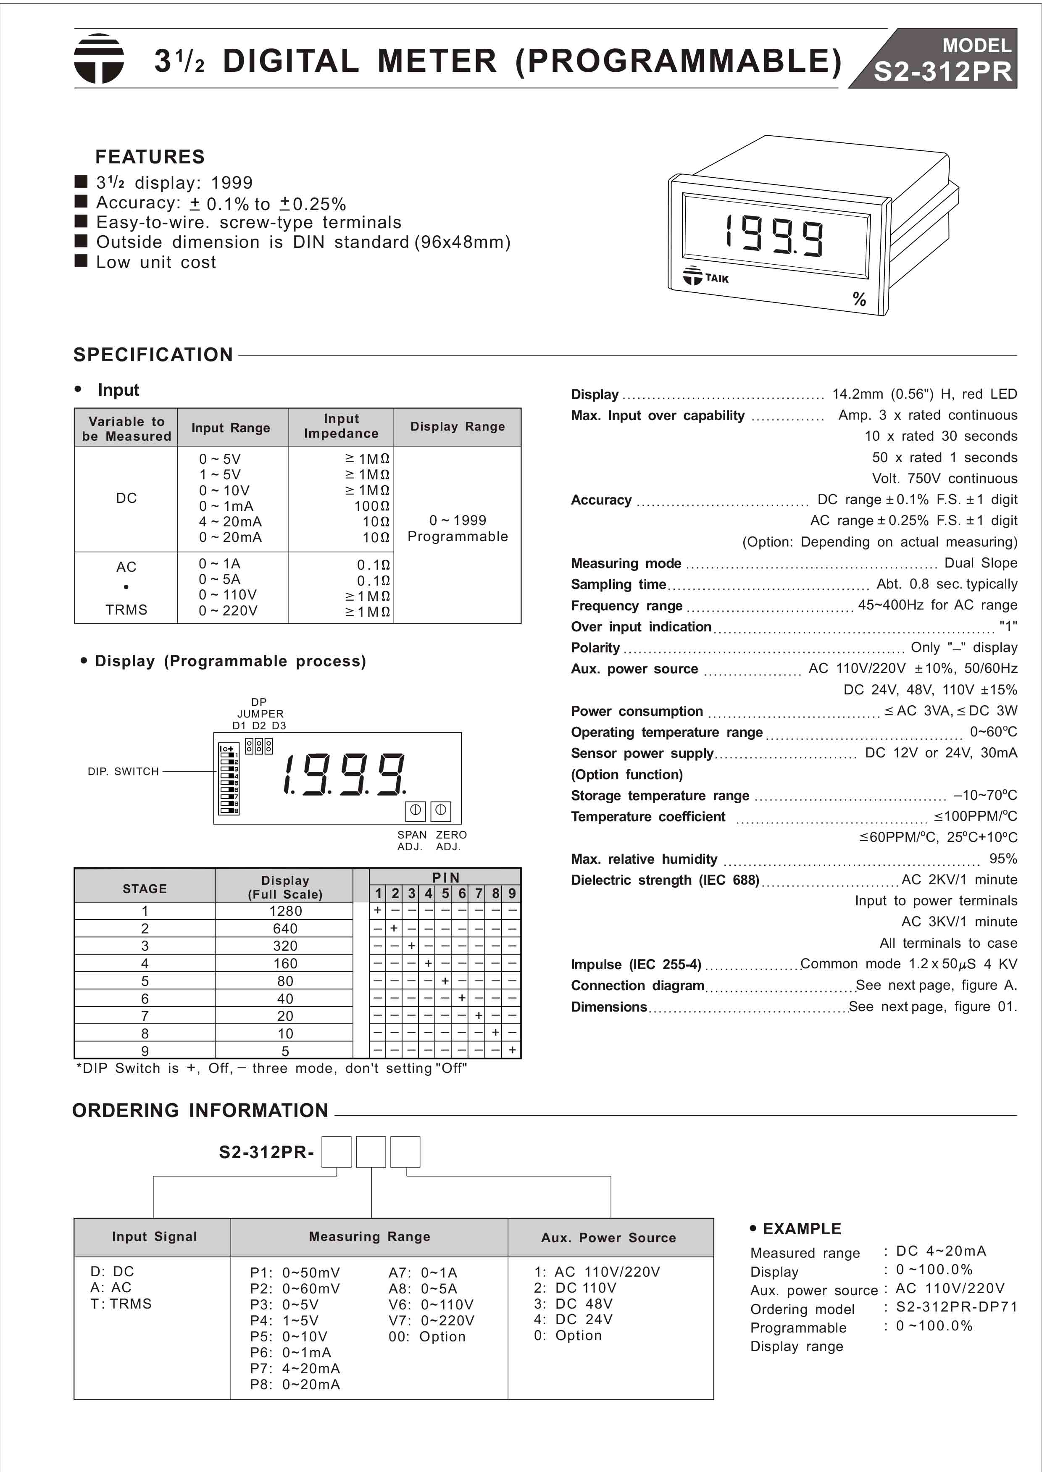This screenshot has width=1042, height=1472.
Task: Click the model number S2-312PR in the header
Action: (942, 72)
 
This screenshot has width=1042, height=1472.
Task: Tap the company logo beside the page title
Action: (98, 58)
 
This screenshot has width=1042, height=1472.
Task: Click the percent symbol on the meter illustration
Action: (859, 299)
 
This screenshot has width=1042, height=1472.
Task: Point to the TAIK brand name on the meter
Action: (717, 279)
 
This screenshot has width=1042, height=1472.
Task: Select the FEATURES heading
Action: (150, 157)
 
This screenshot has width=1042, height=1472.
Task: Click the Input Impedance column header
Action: (341, 426)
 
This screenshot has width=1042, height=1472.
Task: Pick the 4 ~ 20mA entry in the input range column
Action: (230, 521)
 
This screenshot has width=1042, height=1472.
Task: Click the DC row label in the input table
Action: (126, 498)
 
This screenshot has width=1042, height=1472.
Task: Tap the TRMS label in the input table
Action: (126, 609)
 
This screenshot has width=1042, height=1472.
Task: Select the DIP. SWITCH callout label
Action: (123, 771)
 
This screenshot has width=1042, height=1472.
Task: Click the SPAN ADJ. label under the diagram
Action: (411, 840)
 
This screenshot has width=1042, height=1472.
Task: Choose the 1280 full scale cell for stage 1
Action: (285, 911)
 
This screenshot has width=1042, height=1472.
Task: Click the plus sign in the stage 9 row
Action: (512, 1050)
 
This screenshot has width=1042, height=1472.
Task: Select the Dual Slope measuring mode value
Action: (980, 563)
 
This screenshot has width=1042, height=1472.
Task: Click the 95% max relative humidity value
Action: (1003, 858)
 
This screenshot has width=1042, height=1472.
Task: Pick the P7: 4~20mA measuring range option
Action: (295, 1368)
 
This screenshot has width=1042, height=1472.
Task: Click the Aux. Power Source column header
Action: (608, 1237)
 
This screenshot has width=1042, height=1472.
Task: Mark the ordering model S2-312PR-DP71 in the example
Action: (956, 1306)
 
